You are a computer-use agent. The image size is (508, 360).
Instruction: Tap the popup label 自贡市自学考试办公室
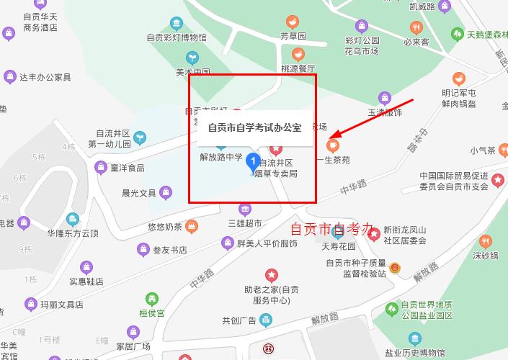(254, 127)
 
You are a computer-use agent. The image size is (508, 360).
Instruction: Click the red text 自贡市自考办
(331, 229)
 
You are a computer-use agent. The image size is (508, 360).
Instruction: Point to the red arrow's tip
(330, 137)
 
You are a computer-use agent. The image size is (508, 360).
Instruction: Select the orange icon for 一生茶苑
(332, 145)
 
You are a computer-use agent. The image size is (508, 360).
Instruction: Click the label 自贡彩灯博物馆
(177, 37)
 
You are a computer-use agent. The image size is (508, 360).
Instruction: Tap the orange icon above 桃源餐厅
(298, 54)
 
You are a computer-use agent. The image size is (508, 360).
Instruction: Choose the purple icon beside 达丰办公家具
(10, 76)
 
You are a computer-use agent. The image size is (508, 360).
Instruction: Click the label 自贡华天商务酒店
(40, 22)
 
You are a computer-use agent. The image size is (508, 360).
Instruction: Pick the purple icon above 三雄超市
(245, 209)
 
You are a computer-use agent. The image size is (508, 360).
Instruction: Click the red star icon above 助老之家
(271, 274)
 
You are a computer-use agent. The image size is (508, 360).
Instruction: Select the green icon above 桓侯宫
(151, 298)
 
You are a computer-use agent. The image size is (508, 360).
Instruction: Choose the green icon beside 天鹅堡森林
(457, 33)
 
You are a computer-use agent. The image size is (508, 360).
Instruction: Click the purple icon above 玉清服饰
(385, 97)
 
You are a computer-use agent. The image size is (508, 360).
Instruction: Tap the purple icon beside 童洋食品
(101, 168)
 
